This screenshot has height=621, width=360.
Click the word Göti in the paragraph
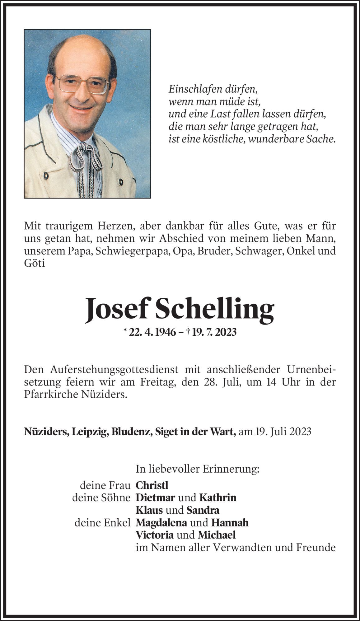click(35, 263)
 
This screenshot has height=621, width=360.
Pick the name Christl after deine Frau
click(152, 485)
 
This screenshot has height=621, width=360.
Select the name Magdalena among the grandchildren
click(161, 522)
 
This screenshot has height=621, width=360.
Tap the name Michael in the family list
click(217, 535)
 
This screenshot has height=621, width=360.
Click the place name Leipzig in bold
click(90, 432)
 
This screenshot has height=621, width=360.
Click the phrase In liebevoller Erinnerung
click(197, 469)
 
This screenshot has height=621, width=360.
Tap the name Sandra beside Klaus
click(203, 510)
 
